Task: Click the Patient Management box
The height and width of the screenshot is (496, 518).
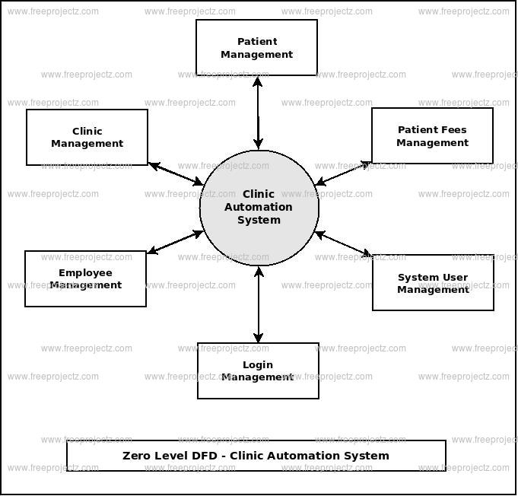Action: tap(256, 48)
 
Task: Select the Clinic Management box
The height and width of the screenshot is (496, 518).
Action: tap(87, 138)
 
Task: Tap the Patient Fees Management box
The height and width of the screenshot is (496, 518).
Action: tap(432, 136)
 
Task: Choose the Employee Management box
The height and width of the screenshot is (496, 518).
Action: tap(85, 279)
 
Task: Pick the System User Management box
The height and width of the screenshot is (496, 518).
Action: tap(433, 283)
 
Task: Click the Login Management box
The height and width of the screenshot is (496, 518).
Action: tap(258, 370)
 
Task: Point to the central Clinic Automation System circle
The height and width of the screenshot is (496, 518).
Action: tap(259, 208)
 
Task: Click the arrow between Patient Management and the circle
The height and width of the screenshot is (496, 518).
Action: tap(259, 112)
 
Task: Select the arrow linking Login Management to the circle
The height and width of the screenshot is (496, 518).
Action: tap(259, 304)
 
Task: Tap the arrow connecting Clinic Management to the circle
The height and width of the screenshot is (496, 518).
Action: tap(176, 174)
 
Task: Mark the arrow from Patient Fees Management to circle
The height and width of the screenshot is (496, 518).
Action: tap(342, 173)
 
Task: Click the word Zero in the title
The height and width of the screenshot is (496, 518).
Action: tap(138, 456)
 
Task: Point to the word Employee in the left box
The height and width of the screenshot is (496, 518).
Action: tap(85, 273)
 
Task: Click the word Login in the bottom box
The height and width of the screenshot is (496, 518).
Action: tap(258, 365)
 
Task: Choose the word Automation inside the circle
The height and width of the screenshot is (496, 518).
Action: tap(259, 207)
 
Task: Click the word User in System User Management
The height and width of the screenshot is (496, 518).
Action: tap(456, 278)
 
